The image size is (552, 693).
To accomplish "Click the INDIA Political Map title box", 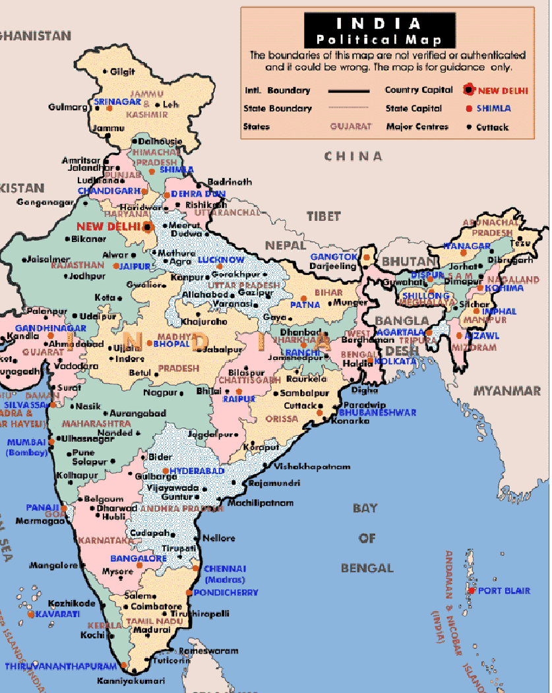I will (x=379, y=31).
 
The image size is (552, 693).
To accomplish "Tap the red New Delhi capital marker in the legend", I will (x=469, y=90).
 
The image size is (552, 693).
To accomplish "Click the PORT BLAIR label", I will (x=504, y=591).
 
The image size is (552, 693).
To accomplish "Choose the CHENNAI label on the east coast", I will (x=225, y=568).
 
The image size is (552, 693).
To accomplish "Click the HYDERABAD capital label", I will (x=197, y=471).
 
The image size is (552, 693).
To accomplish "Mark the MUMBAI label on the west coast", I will (x=27, y=442).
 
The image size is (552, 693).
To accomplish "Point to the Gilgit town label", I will (x=122, y=71).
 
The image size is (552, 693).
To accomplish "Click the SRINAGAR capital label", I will (x=117, y=102).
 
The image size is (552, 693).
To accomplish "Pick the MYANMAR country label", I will (x=506, y=391).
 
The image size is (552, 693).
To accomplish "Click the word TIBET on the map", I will (x=323, y=216).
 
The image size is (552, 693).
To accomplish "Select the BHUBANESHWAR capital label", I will (x=377, y=412).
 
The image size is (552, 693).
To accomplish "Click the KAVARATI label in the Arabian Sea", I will (x=53, y=614).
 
